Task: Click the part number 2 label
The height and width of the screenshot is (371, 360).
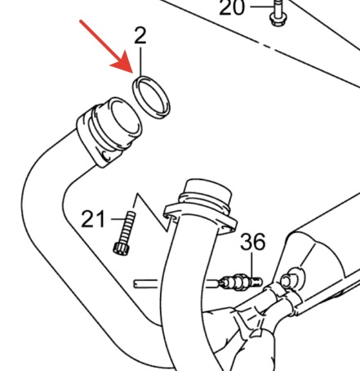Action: click(140, 36)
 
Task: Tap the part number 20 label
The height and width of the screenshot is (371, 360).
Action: click(232, 7)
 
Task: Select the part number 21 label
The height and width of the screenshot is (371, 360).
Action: click(93, 219)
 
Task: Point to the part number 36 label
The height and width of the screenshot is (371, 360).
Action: click(253, 242)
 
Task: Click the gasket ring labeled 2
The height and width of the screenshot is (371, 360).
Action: click(151, 97)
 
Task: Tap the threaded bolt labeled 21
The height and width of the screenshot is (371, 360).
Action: click(125, 234)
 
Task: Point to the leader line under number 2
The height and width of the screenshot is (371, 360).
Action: click(140, 61)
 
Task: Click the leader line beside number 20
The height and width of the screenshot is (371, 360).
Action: click(260, 7)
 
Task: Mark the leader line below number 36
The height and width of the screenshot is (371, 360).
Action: click(251, 266)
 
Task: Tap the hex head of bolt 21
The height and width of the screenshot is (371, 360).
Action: click(121, 248)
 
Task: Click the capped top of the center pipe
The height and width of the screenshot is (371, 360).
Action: click(208, 191)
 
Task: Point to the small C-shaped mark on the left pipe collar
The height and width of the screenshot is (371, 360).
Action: click(106, 156)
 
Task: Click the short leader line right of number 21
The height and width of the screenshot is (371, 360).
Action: click(118, 219)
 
